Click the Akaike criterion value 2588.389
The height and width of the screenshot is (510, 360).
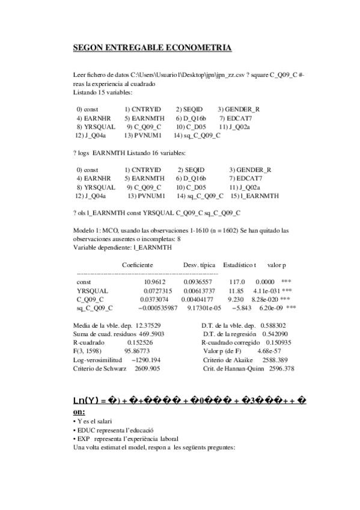coord(278,359)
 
